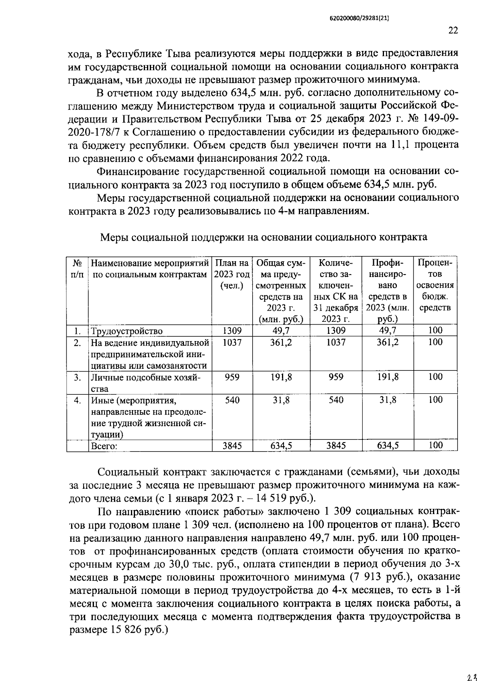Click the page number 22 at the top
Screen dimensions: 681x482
coord(453,30)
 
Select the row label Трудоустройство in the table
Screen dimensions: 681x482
coord(127,331)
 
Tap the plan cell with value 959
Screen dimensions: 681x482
coord(232,377)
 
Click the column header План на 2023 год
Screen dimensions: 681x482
coord(232,274)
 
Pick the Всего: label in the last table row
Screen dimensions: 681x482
coord(104,446)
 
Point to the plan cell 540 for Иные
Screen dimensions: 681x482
coord(232,400)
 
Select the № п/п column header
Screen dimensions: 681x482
coord(78,269)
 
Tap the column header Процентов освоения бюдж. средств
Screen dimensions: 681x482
coord(435,285)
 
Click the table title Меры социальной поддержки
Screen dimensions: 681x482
coord(263,237)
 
